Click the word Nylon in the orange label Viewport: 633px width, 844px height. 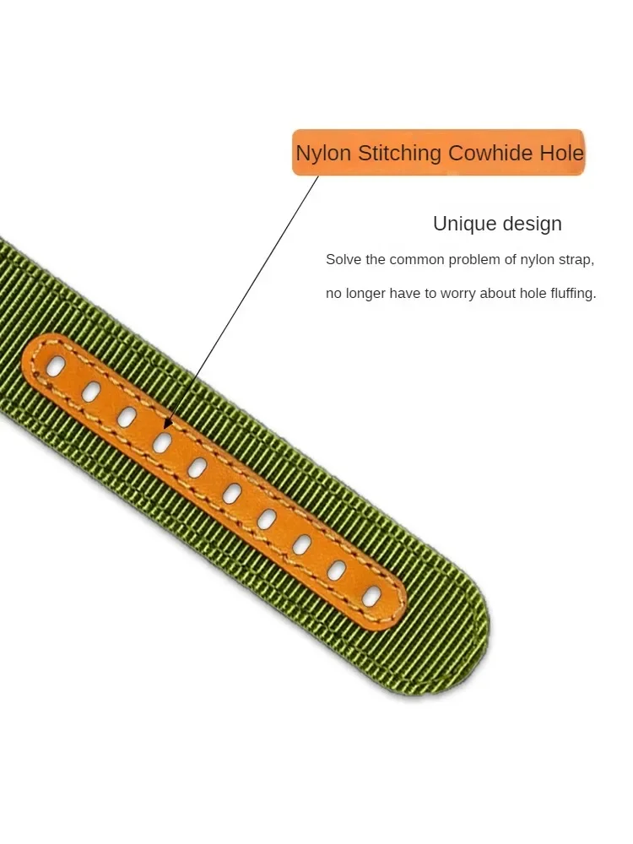(324, 154)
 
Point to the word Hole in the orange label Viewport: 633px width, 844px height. (561, 154)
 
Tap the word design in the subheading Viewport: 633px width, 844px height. (531, 225)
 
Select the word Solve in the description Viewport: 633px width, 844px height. (343, 260)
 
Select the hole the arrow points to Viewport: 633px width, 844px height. (163, 441)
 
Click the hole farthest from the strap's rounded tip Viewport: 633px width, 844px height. (56, 366)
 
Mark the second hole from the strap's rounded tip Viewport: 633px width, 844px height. (337, 571)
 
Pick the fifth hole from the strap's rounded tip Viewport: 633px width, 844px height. (232, 494)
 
